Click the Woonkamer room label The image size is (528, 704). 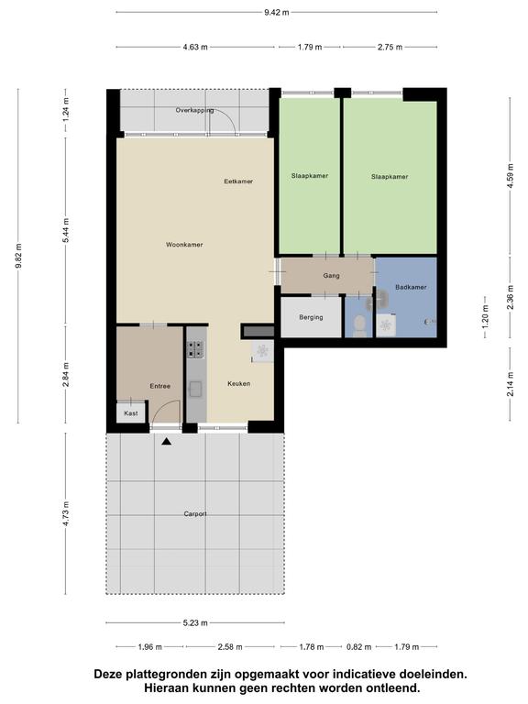(x=184, y=245)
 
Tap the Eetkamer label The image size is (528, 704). (x=238, y=181)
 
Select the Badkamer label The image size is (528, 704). (x=411, y=287)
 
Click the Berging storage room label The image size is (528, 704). (x=311, y=317)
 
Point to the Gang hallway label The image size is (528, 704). (x=331, y=276)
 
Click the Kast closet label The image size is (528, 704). (x=131, y=413)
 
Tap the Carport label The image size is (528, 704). (x=195, y=513)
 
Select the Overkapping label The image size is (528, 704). (x=194, y=110)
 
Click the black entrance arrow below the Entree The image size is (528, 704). (x=167, y=442)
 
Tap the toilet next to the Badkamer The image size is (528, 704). (x=359, y=326)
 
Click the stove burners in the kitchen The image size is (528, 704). (x=196, y=349)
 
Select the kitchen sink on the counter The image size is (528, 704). (x=196, y=389)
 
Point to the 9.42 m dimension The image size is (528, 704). (x=277, y=13)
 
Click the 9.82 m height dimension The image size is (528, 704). (x=18, y=256)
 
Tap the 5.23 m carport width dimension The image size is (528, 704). (x=195, y=622)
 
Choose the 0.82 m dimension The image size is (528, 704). (x=359, y=647)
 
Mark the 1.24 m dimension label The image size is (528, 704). (x=66, y=110)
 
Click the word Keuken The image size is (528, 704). (x=239, y=383)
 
